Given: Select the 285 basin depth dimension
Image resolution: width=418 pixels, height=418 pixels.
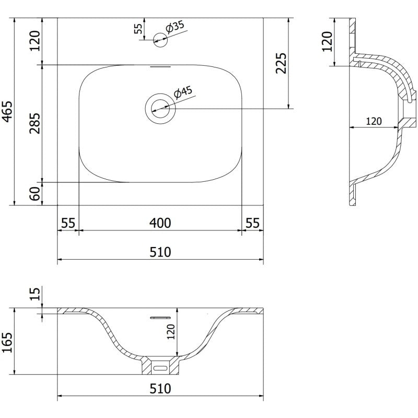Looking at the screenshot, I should tap(35, 123).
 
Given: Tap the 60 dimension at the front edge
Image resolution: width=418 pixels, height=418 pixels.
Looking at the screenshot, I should tap(35, 194).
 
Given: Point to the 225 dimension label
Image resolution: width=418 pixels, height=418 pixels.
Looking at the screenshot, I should tap(281, 63).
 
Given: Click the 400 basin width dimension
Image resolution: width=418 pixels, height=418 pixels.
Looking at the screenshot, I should tap(160, 223).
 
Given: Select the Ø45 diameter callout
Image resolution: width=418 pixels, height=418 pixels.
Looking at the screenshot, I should tap(184, 92).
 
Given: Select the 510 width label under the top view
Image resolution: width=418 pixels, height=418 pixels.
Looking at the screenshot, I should tap(160, 252).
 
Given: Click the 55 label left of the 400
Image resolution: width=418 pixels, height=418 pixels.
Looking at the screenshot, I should tap(67, 223).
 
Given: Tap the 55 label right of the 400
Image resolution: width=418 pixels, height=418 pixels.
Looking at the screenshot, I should tap(252, 223).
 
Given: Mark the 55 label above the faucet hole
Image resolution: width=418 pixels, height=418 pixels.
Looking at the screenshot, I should tap(138, 29).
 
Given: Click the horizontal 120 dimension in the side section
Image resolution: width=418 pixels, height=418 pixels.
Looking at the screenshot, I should tap(373, 121).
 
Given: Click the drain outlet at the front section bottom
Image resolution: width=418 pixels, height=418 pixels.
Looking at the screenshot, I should tap(160, 367).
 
